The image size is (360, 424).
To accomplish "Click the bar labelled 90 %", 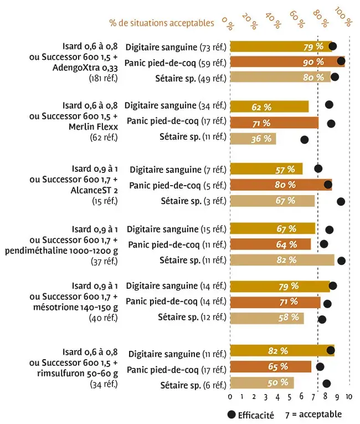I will [287, 62].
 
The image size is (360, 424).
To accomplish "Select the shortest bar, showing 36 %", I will [253, 139].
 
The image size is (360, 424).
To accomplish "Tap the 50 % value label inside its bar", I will [277, 383].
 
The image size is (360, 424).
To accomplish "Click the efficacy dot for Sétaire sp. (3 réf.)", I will [341, 202].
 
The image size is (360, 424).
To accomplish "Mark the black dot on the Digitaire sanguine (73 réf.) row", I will [332, 46].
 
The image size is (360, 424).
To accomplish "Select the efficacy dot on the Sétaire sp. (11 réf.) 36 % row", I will [304, 140].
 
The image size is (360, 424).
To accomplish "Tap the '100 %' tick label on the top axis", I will [343, 20].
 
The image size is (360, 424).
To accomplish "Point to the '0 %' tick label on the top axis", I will [228, 22].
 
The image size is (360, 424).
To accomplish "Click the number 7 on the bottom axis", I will [313, 397].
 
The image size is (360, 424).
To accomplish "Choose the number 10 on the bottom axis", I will [348, 397].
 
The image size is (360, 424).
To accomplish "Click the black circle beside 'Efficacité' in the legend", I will [231, 414].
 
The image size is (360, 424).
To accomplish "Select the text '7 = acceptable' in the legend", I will [313, 414].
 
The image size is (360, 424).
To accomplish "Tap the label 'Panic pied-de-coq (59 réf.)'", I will [175, 62].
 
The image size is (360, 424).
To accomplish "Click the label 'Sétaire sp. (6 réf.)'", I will [193, 385].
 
